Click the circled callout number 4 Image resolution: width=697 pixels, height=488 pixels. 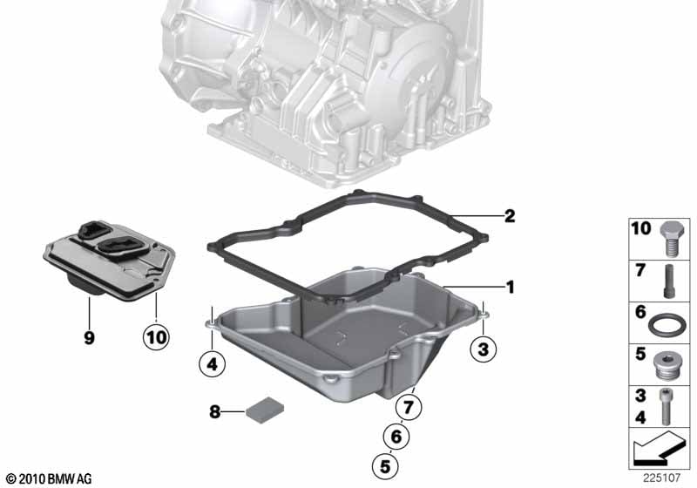pos(213,363)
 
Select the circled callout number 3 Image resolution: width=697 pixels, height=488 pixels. pos(484,349)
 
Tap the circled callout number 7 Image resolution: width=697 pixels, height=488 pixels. pos(409,406)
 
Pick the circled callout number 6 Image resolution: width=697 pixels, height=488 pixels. pos(396,437)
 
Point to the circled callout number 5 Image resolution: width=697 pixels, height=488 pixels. pos(385,466)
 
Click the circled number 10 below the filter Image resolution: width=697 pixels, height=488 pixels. pos(157,337)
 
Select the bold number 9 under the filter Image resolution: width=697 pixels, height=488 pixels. pos(90,338)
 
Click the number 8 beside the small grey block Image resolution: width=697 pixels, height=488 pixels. pos(214,412)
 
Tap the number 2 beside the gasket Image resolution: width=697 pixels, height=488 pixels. pos(510,216)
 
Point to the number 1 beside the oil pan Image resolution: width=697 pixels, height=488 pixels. pos(511,287)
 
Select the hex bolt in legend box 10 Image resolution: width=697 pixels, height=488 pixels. pos(670,239)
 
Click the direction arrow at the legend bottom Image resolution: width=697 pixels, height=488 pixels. pos(659,449)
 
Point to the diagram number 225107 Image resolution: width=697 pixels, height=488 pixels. pos(661,478)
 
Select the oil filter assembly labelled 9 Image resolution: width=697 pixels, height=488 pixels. pos(110,260)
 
